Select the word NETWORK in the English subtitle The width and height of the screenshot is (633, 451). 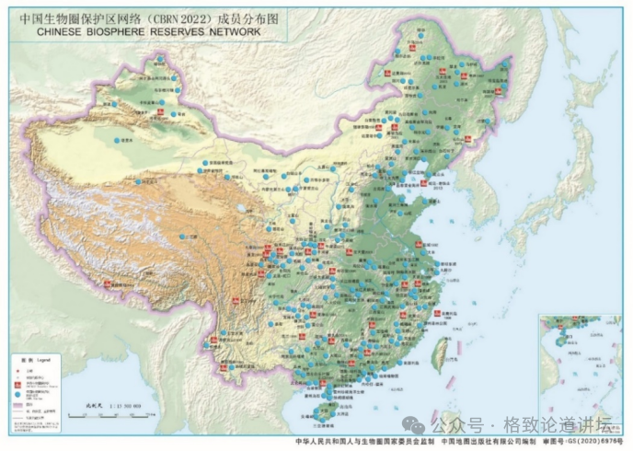[232, 30]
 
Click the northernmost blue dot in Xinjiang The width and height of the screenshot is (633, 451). [162, 60]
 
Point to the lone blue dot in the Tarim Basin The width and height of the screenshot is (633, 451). [117, 140]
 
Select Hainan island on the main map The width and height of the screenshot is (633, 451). [324, 408]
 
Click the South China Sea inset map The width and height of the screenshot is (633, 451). [579, 363]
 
